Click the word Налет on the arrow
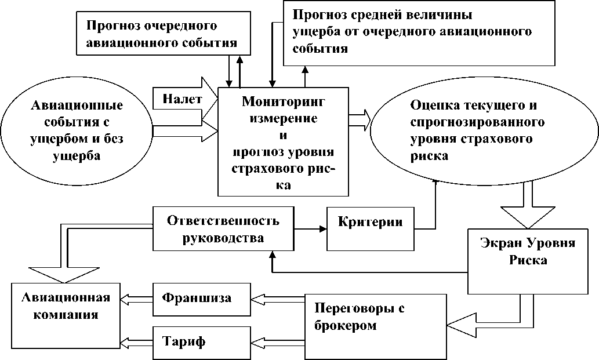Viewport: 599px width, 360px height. (183, 99)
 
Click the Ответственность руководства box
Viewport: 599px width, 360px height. (223, 229)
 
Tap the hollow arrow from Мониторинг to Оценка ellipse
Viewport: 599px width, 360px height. (360, 116)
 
